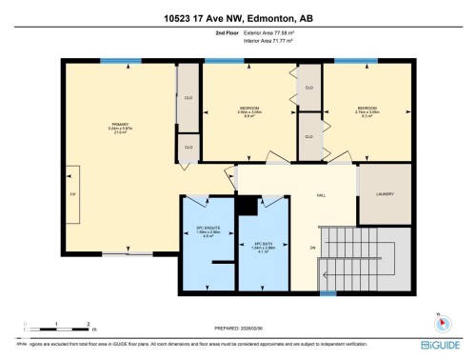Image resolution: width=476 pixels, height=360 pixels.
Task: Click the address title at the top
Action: point(237,17)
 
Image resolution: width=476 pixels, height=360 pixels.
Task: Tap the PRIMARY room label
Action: point(120,127)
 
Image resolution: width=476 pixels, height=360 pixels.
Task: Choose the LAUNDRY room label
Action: point(385,194)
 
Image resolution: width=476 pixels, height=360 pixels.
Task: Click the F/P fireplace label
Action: point(72,193)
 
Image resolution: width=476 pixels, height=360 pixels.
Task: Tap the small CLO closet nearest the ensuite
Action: point(188,147)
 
